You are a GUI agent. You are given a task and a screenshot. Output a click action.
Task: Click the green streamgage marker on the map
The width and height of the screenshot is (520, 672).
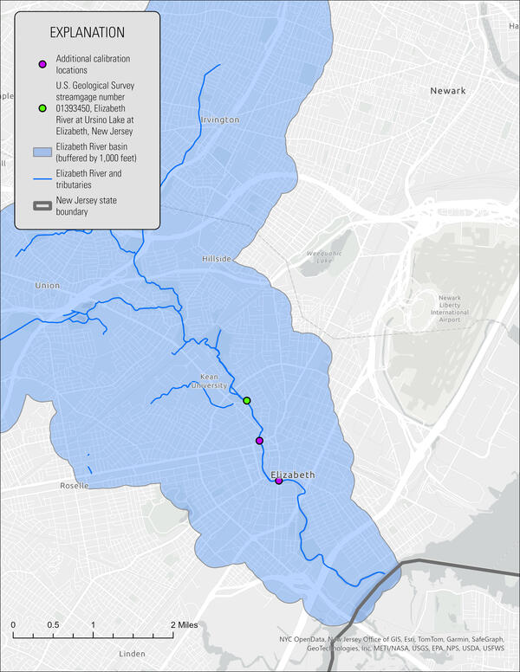pyautogui.click(x=247, y=401)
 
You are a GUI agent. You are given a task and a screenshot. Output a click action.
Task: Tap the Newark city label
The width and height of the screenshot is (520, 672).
pyautogui.click(x=447, y=91)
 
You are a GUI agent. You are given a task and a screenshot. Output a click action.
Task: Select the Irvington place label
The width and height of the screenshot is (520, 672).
pyautogui.click(x=219, y=120)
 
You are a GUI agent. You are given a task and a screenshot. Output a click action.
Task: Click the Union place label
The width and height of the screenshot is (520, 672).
pyautogui.click(x=47, y=286)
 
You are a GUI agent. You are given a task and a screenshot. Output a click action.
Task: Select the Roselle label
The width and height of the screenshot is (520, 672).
pyautogui.click(x=74, y=486)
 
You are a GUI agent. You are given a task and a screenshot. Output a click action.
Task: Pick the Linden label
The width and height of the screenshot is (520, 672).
pyautogui.click(x=132, y=653)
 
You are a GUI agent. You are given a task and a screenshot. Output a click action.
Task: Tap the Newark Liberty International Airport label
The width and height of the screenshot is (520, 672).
pyautogui.click(x=451, y=311)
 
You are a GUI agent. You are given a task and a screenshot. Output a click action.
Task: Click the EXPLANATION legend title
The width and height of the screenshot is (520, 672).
pyautogui.click(x=87, y=33)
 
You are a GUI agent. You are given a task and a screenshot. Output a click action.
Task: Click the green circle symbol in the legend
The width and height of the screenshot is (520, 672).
pyautogui.click(x=42, y=108)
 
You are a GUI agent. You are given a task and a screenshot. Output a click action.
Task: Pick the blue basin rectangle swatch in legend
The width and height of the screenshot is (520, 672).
pyautogui.click(x=42, y=152)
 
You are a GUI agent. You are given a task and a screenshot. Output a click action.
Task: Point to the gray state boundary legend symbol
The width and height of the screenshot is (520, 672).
pyautogui.click(x=42, y=205)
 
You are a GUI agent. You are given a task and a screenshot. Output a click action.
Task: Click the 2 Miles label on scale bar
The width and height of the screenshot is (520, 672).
pyautogui.click(x=185, y=624)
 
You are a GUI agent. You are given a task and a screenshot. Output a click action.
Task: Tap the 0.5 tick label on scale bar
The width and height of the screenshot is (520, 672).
pyautogui.click(x=53, y=624)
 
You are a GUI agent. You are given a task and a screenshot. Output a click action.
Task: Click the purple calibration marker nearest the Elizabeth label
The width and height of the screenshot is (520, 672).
pyautogui.click(x=279, y=481)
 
